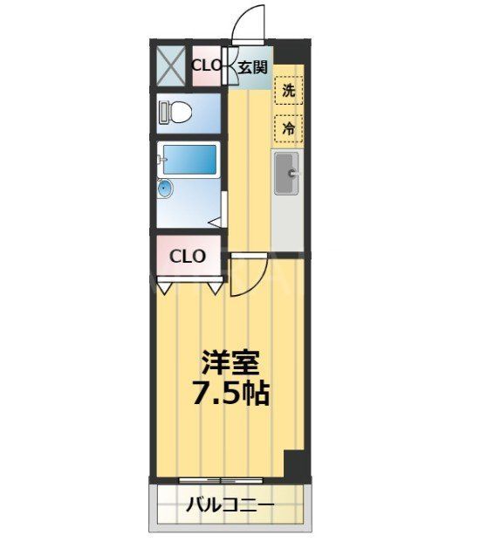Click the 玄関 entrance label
click(252, 66)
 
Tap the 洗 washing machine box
click(288, 89)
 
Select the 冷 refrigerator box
click(288, 127)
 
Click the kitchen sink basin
click(286, 177)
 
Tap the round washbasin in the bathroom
click(165, 189)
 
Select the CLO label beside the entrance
click(206, 65)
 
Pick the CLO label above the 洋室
click(188, 257)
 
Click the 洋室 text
click(230, 361)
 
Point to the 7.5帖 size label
click(230, 393)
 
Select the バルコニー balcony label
click(230, 505)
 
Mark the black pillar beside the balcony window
click(297, 464)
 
